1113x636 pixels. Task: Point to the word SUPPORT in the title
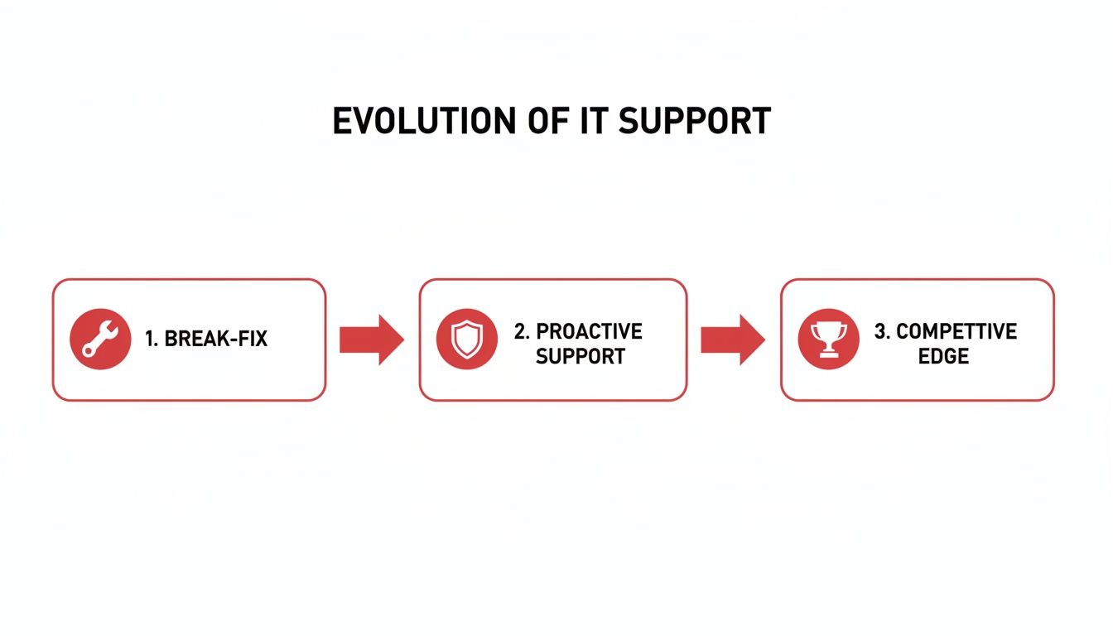click(x=694, y=122)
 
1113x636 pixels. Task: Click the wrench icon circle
click(x=100, y=340)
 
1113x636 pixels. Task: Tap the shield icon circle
click(x=466, y=340)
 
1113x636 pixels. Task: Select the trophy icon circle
click(x=828, y=340)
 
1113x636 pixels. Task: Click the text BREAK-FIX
click(x=216, y=339)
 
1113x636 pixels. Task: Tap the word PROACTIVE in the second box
click(x=589, y=331)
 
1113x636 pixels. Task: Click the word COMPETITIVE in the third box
click(x=956, y=331)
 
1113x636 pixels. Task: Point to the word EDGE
click(x=943, y=357)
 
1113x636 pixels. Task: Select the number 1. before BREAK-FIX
click(x=152, y=339)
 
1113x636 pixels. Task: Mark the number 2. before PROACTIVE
click(x=522, y=331)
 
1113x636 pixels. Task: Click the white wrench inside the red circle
click(x=100, y=340)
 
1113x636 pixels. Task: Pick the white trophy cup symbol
click(x=828, y=339)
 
